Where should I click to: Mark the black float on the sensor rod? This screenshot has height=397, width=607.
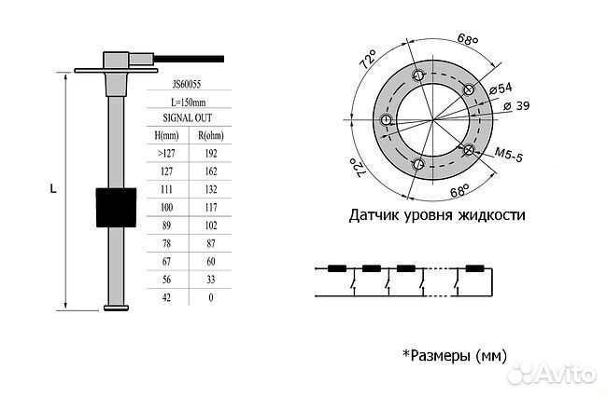[x=115, y=206]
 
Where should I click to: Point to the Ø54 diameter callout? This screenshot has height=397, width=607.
[x=501, y=89]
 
